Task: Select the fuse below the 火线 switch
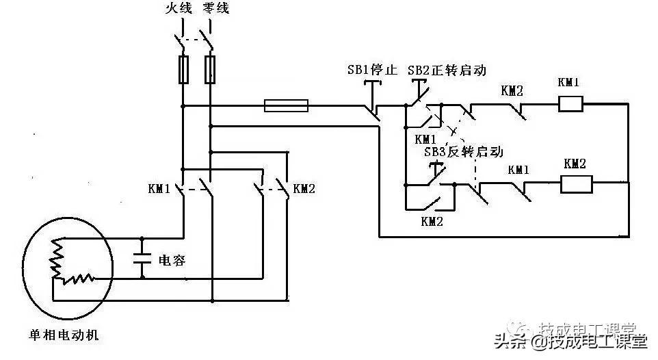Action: point(183,70)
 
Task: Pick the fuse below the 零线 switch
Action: point(211,70)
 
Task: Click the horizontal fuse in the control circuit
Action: point(286,105)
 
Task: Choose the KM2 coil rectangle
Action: point(576,185)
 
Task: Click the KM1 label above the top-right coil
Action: point(569,83)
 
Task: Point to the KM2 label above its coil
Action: point(575,164)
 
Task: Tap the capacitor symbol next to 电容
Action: point(142,259)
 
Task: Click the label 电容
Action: point(172,260)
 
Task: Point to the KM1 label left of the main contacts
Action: point(158,188)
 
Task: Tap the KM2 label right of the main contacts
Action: point(303,188)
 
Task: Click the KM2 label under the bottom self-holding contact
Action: point(432,220)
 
